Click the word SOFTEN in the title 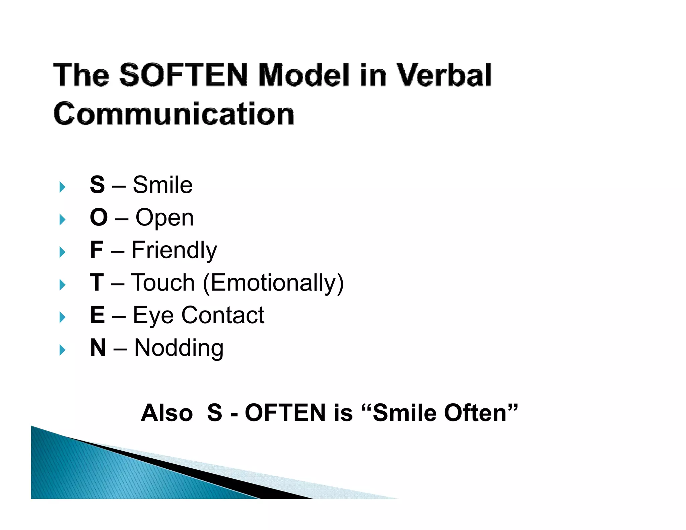pos(184,75)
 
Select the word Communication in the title pos(174,114)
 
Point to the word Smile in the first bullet pos(162,185)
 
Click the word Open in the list pos(164,218)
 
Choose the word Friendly pos(174,250)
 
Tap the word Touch pos(163,282)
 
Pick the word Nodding pos(179,348)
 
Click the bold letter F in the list pos(96,250)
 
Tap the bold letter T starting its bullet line pos(97,282)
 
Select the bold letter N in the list pos(98,347)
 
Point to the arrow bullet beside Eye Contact pos(62,317)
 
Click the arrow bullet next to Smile pos(62,187)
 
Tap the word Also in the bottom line pos(167,413)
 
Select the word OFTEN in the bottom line pos(285,413)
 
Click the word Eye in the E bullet pos(153,316)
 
